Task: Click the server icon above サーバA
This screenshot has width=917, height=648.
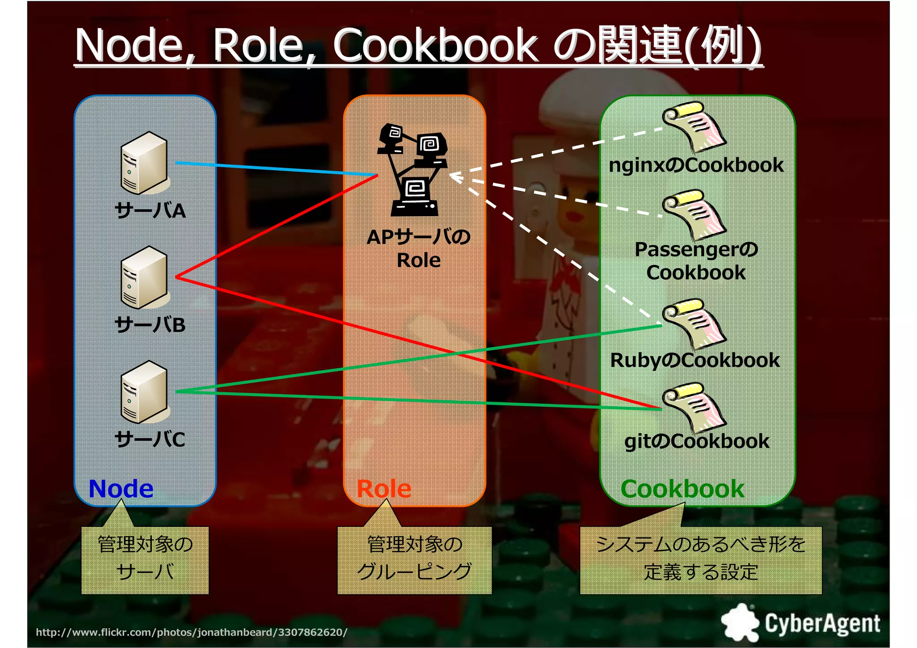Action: coord(144,163)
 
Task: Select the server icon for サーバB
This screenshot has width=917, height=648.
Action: coord(144,277)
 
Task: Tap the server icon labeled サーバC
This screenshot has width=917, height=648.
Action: coord(144,392)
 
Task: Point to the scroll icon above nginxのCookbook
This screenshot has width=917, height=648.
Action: coord(694,127)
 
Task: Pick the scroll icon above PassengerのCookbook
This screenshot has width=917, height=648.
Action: coord(694,215)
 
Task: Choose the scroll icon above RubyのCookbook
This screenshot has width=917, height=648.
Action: coord(694,324)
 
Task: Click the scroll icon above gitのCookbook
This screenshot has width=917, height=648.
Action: coord(694,407)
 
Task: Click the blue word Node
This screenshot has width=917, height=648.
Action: coord(121,489)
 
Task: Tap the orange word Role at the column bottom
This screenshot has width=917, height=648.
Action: coord(384,489)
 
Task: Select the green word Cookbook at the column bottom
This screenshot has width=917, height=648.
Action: coord(682,489)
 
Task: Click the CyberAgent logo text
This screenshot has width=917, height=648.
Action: coord(822,623)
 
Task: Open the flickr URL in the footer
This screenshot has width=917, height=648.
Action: coord(192,632)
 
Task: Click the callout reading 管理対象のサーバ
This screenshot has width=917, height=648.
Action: coord(145,559)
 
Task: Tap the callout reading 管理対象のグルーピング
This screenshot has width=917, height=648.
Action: coord(414,559)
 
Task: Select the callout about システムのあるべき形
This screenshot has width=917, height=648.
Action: coord(701,559)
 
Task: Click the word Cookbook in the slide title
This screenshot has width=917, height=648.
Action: coord(435,45)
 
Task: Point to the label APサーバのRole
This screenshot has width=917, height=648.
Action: coord(419,248)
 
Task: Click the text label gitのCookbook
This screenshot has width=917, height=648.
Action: coord(697,441)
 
